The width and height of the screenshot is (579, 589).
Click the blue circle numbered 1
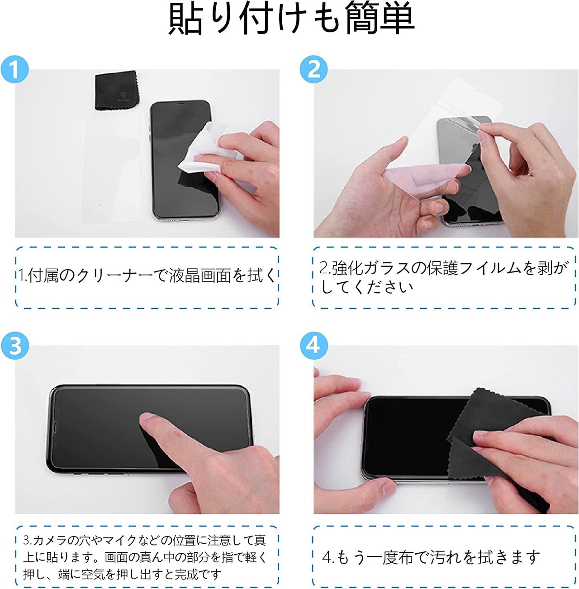click(14, 69)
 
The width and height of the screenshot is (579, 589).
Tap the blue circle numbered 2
click(313, 69)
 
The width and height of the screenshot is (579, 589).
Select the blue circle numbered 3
click(14, 346)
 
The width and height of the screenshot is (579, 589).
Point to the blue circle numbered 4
click(313, 346)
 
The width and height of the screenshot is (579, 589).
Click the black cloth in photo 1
click(118, 91)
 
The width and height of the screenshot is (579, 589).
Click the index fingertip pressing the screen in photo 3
click(147, 419)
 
